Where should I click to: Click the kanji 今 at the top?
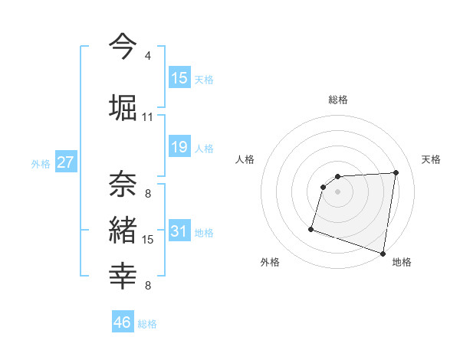pos(123,47)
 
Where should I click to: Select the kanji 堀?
pos(123,107)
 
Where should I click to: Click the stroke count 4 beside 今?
pos(147,56)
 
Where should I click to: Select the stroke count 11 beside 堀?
pos(147,116)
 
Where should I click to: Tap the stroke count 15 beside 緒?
pos(148,240)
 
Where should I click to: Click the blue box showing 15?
pos(179,78)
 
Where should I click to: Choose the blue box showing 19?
pos(179,147)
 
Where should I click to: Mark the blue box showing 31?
pos(179,231)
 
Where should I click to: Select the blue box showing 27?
pos(65,162)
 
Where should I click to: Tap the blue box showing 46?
pos(123,322)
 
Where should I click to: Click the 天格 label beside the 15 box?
pos(204,79)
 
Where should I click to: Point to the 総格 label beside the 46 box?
pos(147,323)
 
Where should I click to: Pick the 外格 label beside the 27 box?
pos(41,163)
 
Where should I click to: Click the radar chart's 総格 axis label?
pos(338,100)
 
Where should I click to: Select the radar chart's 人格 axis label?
pos(245,159)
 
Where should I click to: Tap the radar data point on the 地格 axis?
pos(383,253)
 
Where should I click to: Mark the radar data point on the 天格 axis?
pos(396,172)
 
